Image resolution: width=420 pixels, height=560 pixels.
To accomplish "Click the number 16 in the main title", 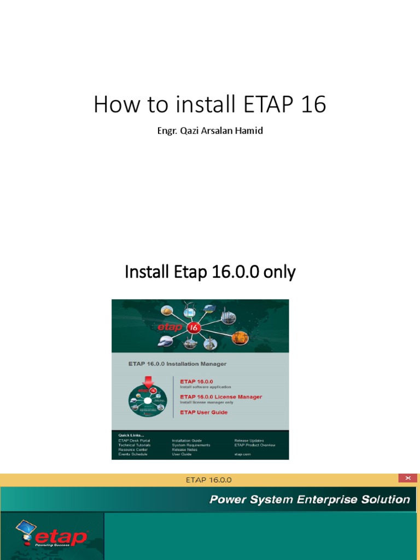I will tap(313, 104).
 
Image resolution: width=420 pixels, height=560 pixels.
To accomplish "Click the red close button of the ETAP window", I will tap(407, 479).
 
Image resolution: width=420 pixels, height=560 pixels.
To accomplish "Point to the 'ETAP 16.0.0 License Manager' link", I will tap(221, 396).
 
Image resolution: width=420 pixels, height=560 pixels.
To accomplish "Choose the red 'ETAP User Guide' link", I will tap(203, 412).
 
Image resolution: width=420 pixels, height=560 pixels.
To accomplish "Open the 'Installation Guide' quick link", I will tap(186, 440).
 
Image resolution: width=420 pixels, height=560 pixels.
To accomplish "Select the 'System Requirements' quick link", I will tap(190, 445).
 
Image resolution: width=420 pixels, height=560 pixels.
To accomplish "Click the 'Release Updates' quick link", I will tap(249, 440).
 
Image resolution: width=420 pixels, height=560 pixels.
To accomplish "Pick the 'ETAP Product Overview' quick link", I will tap(254, 445).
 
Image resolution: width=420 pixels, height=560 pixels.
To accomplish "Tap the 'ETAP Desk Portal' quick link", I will tap(134, 440).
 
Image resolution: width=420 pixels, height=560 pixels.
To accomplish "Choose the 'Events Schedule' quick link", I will tap(133, 454).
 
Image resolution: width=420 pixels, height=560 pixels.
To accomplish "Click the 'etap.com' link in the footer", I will tap(242, 454).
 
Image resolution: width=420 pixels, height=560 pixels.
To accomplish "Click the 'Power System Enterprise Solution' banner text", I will tap(310, 499).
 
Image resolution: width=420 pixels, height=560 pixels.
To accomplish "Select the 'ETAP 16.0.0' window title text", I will tap(209, 480).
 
